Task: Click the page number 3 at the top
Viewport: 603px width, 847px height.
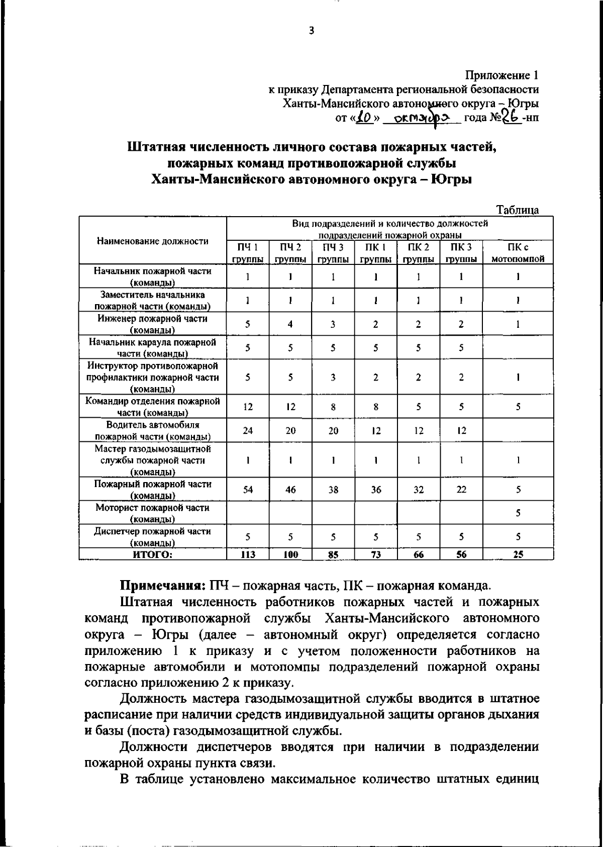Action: tap(312, 31)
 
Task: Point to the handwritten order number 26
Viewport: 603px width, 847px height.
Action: tap(511, 118)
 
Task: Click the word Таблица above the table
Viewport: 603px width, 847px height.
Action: tap(518, 210)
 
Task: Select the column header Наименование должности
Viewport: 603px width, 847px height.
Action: tap(152, 241)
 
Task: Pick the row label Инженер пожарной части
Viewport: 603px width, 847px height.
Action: tap(152, 324)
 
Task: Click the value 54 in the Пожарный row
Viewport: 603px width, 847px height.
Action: tap(248, 489)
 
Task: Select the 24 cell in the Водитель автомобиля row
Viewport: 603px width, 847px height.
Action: tap(248, 431)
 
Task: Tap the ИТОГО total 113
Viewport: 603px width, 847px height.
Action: tap(248, 554)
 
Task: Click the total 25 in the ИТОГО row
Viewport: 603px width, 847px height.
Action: tap(518, 554)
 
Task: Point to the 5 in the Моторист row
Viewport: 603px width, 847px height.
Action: tap(518, 513)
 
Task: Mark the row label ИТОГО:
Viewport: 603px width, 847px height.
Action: tap(152, 554)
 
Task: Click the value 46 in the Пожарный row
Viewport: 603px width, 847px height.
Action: tap(290, 489)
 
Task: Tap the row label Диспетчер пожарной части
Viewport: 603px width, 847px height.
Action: tap(152, 536)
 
